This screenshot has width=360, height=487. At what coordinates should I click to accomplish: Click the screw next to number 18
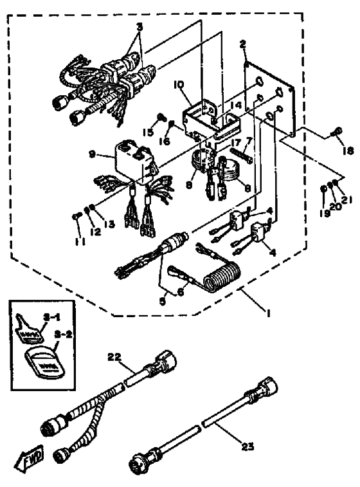pos(335,133)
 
